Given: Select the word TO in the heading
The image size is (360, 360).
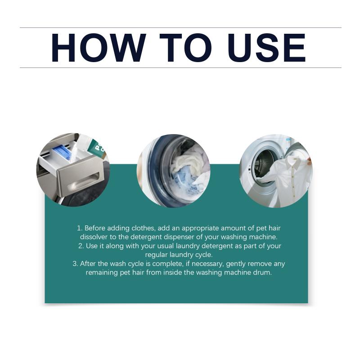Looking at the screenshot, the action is coord(185,48).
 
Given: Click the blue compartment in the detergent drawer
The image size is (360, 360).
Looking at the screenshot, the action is coord(62,151).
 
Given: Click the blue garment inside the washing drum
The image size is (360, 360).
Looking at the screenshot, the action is coord(184,181).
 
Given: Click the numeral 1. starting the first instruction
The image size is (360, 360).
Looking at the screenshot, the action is coord(80,228).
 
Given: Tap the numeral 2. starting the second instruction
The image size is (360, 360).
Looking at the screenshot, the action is coord(81,246).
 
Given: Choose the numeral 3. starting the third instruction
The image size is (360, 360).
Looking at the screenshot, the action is coord(75,264).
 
